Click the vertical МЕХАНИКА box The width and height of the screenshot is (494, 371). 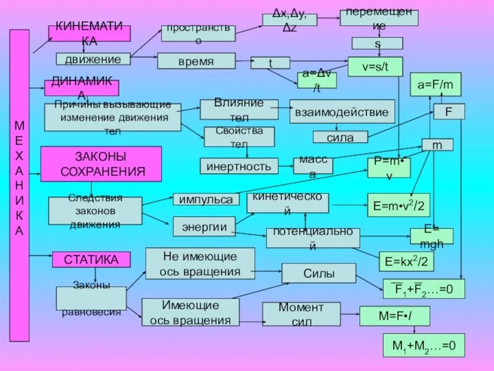(x=19, y=185)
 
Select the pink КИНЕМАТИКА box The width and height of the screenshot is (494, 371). (x=90, y=33)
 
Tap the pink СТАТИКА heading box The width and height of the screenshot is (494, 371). (x=91, y=259)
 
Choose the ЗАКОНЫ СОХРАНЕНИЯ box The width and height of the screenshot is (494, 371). (x=101, y=164)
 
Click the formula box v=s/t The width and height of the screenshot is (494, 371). (x=375, y=66)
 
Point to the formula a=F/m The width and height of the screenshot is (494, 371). (x=435, y=84)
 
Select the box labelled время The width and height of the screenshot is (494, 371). (x=196, y=61)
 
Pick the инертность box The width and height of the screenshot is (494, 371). (x=239, y=166)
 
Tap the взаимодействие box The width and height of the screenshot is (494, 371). (x=341, y=112)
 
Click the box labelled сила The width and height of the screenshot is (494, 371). (x=340, y=137)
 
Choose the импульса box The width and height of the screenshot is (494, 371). (x=206, y=199)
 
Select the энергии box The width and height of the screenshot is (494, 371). (x=204, y=226)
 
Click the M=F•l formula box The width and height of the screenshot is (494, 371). (x=395, y=316)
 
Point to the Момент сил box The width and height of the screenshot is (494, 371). (x=301, y=313)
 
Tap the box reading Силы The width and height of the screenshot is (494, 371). (x=319, y=273)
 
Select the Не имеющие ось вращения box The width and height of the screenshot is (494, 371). (x=200, y=263)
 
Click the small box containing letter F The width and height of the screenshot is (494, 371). (x=449, y=112)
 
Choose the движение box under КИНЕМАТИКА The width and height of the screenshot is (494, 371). (x=93, y=59)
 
